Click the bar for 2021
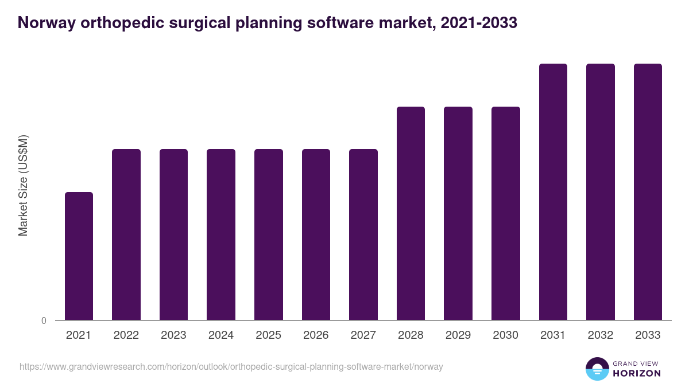79,256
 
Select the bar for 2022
126,234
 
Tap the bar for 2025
269,234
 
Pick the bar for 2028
411,213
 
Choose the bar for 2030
506,213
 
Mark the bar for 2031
553,192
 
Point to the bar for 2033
648,192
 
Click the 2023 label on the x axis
173,335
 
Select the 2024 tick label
221,335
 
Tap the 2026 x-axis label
316,335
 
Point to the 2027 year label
363,335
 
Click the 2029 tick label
458,335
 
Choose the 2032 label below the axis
601,335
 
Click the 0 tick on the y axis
44,321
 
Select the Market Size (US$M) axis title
23,185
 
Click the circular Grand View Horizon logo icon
597,369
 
